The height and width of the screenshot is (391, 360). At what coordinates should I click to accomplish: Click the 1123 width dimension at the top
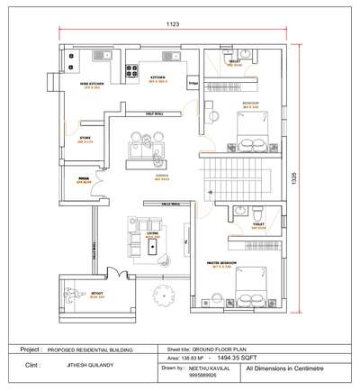173,24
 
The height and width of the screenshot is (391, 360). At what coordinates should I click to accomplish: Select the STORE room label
85,139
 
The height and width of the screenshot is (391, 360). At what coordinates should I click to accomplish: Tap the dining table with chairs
146,145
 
